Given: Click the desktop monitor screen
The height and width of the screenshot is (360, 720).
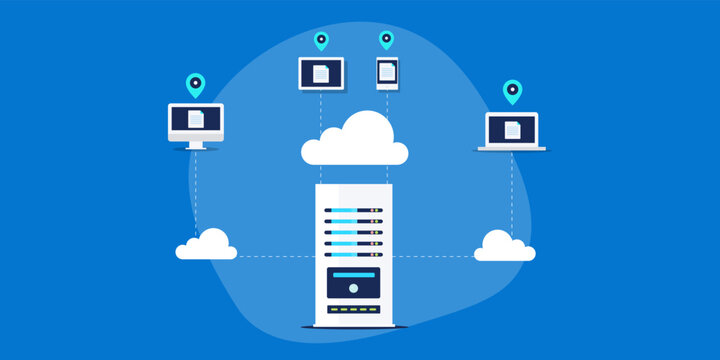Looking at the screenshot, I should [x=195, y=120].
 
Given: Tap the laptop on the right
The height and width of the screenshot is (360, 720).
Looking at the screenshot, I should [x=512, y=131].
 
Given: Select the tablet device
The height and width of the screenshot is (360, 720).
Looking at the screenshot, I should [x=321, y=73].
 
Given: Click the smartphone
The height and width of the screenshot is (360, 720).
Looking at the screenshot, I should [x=386, y=73].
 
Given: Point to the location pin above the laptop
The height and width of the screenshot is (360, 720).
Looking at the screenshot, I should [x=512, y=92].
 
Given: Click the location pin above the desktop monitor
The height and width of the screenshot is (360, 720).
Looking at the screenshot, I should [x=195, y=85].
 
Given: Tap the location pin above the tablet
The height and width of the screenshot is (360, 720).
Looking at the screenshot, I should [x=321, y=41].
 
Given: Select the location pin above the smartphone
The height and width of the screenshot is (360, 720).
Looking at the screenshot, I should [x=386, y=40].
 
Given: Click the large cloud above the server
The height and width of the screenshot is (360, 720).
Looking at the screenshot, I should [x=355, y=143].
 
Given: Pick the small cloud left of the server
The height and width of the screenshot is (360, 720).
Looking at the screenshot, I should [x=207, y=246].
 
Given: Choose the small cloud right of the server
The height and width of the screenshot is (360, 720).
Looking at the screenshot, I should [x=504, y=246].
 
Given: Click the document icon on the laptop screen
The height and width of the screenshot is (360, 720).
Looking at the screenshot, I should [x=512, y=129].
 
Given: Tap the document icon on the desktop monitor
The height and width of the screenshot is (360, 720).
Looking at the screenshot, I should [x=195, y=119].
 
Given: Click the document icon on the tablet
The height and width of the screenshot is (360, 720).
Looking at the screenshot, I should [x=321, y=73].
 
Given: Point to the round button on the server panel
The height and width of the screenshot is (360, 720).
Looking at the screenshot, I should [x=352, y=288].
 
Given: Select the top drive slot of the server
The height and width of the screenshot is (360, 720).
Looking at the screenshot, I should [x=352, y=211].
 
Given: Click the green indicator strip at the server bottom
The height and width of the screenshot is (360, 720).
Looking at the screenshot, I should [x=352, y=308].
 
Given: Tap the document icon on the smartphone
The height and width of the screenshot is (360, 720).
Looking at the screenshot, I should [x=386, y=73].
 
